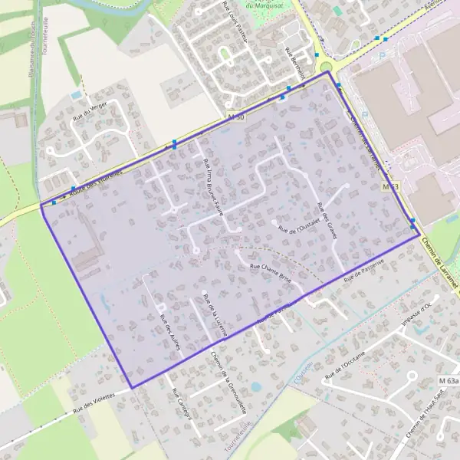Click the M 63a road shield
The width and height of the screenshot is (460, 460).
click(x=449, y=381)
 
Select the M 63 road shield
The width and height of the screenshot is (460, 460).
click(x=390, y=187)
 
